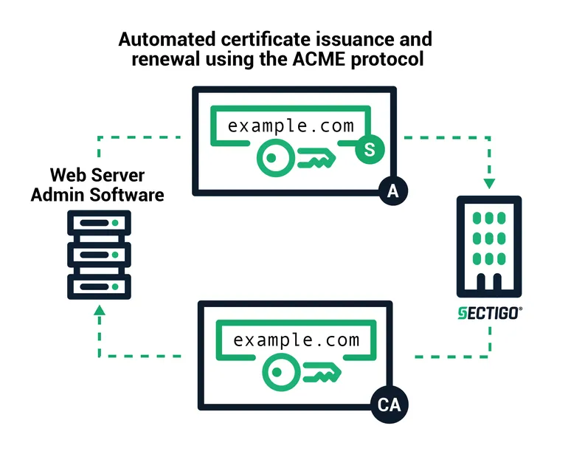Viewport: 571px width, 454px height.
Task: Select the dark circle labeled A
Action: (x=392, y=192)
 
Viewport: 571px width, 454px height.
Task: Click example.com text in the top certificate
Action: (x=291, y=125)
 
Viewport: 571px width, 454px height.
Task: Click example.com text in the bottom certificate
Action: (x=296, y=340)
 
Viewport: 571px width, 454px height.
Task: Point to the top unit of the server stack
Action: (x=99, y=224)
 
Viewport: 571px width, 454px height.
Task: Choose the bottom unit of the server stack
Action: (x=99, y=286)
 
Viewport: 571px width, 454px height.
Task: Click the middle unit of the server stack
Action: (x=99, y=255)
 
